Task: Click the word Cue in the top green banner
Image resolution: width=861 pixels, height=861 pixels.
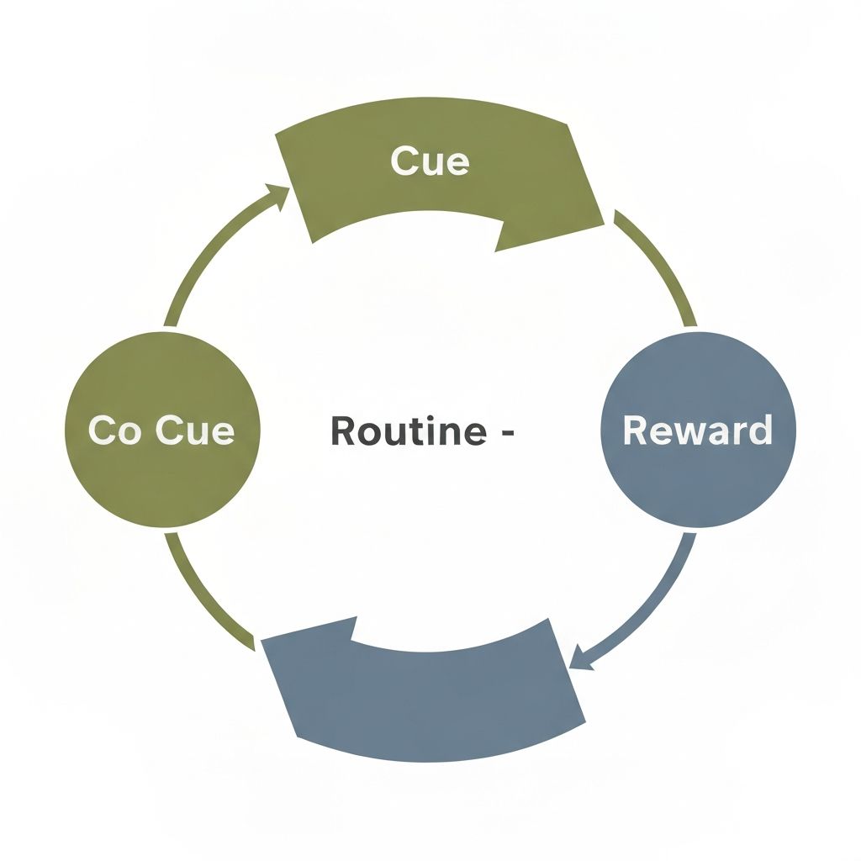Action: (x=430, y=161)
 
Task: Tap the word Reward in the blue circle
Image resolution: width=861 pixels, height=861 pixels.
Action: (x=697, y=430)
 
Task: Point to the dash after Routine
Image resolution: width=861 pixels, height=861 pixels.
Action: (x=506, y=432)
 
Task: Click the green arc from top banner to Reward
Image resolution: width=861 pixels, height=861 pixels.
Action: (x=660, y=265)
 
